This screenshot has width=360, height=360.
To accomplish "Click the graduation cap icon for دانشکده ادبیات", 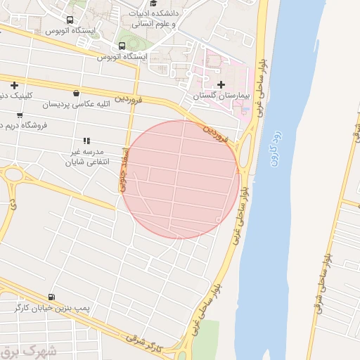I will click(x=153, y=4).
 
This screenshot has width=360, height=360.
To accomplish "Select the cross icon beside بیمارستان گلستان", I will click(x=222, y=85).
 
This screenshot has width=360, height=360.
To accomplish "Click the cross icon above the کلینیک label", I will click(x=14, y=86).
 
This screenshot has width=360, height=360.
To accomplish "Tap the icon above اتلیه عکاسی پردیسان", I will click(x=76, y=93).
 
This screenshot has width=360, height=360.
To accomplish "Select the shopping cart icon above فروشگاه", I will click(x=20, y=115).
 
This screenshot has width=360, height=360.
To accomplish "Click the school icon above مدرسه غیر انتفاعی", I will click(x=86, y=141).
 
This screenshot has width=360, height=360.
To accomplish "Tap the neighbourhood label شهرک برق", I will click(x=21, y=352).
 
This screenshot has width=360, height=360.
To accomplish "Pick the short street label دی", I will click(x=13, y=205).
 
